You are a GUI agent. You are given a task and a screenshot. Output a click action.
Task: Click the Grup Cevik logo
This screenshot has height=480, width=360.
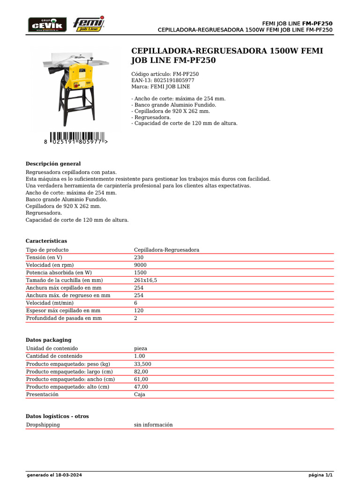coord(47,24)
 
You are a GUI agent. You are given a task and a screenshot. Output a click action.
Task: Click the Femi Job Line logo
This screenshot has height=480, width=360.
coord(89,24)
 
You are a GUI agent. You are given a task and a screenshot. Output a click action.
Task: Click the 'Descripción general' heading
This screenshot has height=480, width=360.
coord(53,164)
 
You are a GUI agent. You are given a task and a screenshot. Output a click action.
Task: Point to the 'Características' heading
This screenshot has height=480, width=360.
coord(46,240)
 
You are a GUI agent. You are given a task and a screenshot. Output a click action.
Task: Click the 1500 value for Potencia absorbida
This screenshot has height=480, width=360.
coord(140,272)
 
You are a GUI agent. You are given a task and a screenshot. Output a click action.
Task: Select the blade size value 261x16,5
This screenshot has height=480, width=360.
coord(145,280)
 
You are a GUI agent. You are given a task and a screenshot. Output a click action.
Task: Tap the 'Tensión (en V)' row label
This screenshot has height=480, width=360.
coord(44,257)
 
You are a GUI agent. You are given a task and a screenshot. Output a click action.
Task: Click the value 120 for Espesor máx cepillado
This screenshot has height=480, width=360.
coord(139,310)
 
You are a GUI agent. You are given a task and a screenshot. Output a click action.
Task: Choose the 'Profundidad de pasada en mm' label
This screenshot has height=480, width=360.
coord(64,318)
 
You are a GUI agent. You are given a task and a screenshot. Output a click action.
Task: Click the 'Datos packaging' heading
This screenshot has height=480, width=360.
coord(48,339)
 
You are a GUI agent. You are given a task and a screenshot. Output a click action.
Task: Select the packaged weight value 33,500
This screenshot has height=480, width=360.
coord(142,364)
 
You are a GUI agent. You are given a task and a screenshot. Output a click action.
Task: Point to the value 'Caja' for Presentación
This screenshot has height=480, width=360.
coord(140,394)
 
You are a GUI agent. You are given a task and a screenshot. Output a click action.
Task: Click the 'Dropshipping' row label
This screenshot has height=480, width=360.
coord(43,425)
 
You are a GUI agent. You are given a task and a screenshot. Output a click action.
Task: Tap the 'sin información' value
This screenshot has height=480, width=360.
coord(153,425)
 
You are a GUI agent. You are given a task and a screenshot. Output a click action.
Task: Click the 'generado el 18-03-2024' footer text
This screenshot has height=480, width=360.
coord(51,475)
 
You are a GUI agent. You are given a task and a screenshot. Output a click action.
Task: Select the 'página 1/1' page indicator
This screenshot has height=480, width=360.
coord(321,475)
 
